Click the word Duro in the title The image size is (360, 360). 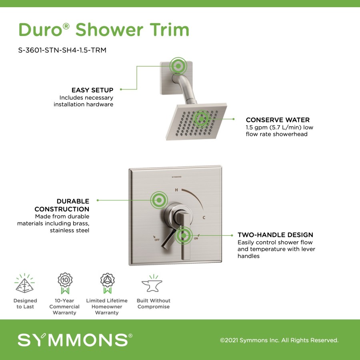(41, 30)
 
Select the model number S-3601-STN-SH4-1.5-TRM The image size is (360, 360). (62, 50)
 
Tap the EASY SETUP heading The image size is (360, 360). (92, 90)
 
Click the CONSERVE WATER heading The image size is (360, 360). (278, 120)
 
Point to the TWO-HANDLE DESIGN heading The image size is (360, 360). (275, 235)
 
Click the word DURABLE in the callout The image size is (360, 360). (73, 201)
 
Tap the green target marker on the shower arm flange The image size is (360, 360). (178, 66)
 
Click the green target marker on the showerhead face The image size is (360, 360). (201, 119)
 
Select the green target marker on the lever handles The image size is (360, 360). (184, 235)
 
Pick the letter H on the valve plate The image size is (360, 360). (176, 190)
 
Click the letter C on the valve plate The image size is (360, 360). (204, 218)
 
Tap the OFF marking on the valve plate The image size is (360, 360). (157, 240)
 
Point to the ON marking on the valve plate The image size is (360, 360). (196, 238)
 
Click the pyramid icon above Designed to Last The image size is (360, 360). (24, 283)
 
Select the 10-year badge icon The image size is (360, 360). (65, 283)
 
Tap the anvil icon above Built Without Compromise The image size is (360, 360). (152, 283)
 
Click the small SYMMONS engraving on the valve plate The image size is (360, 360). (176, 177)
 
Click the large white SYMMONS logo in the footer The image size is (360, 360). (75, 340)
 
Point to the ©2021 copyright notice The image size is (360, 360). (279, 340)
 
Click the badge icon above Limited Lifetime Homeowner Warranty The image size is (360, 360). (107, 283)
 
